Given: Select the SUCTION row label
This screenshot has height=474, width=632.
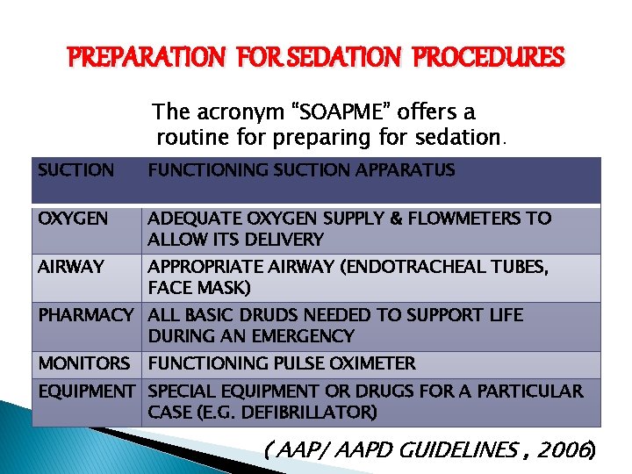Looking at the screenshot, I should (76, 170).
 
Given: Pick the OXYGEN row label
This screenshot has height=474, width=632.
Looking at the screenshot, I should (73, 218).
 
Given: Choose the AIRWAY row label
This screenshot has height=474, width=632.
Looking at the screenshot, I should (71, 266).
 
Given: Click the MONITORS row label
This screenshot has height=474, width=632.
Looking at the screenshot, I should (83, 363).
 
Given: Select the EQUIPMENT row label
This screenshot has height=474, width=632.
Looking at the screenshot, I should (87, 391).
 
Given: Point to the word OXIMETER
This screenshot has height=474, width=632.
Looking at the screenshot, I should (370, 363).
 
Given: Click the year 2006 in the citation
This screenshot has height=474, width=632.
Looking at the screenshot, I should (566, 451).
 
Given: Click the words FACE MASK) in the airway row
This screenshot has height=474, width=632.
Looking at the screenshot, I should (199, 287).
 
